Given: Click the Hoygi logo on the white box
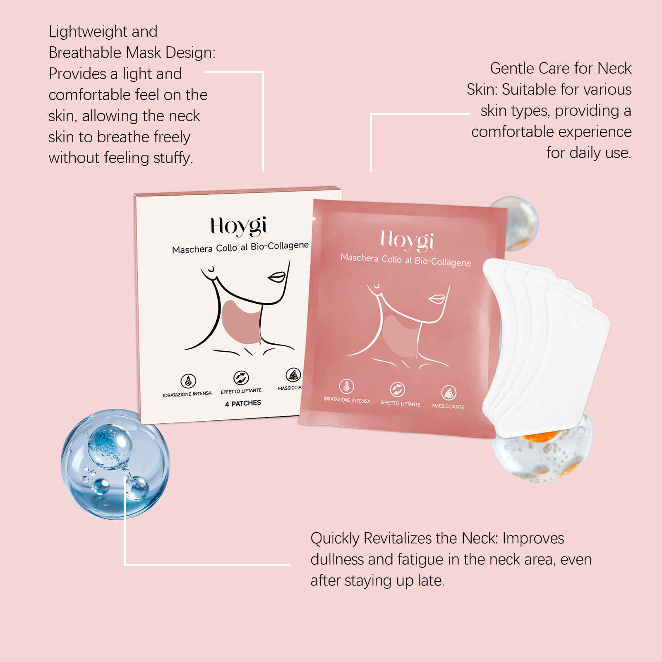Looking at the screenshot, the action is [238, 227].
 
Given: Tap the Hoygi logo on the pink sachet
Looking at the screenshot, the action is [407, 240].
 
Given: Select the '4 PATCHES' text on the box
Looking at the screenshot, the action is [243, 403].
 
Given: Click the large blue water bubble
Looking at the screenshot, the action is [115, 464].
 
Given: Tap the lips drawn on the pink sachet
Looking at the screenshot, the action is [437, 299].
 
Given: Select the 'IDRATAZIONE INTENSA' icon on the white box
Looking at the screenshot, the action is [188, 381].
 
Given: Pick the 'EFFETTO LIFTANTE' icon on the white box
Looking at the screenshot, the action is [241, 378].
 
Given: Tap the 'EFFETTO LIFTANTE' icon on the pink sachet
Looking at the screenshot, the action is [397, 389].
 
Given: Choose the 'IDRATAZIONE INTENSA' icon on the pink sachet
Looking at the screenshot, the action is [347, 386].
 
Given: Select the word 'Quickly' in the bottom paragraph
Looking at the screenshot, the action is [335, 539].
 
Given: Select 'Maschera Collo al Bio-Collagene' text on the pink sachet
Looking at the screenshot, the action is [405, 260].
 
